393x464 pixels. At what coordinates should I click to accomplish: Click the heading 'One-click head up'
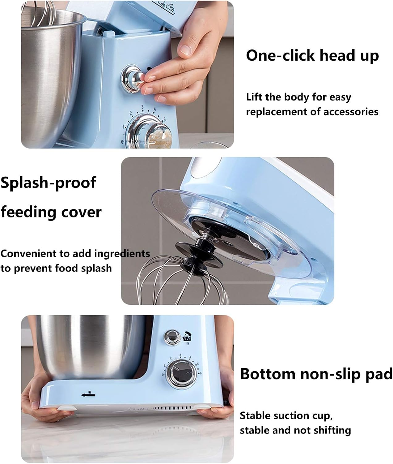click(312, 56)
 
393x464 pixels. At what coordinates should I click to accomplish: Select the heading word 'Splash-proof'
click(48, 183)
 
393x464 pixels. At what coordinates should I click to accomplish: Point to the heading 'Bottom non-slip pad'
click(316, 374)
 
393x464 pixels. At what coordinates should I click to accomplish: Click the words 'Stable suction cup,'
click(286, 415)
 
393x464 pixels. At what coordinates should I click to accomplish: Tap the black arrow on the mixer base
click(88, 395)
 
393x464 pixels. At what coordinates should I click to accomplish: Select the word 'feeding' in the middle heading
click(30, 212)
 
